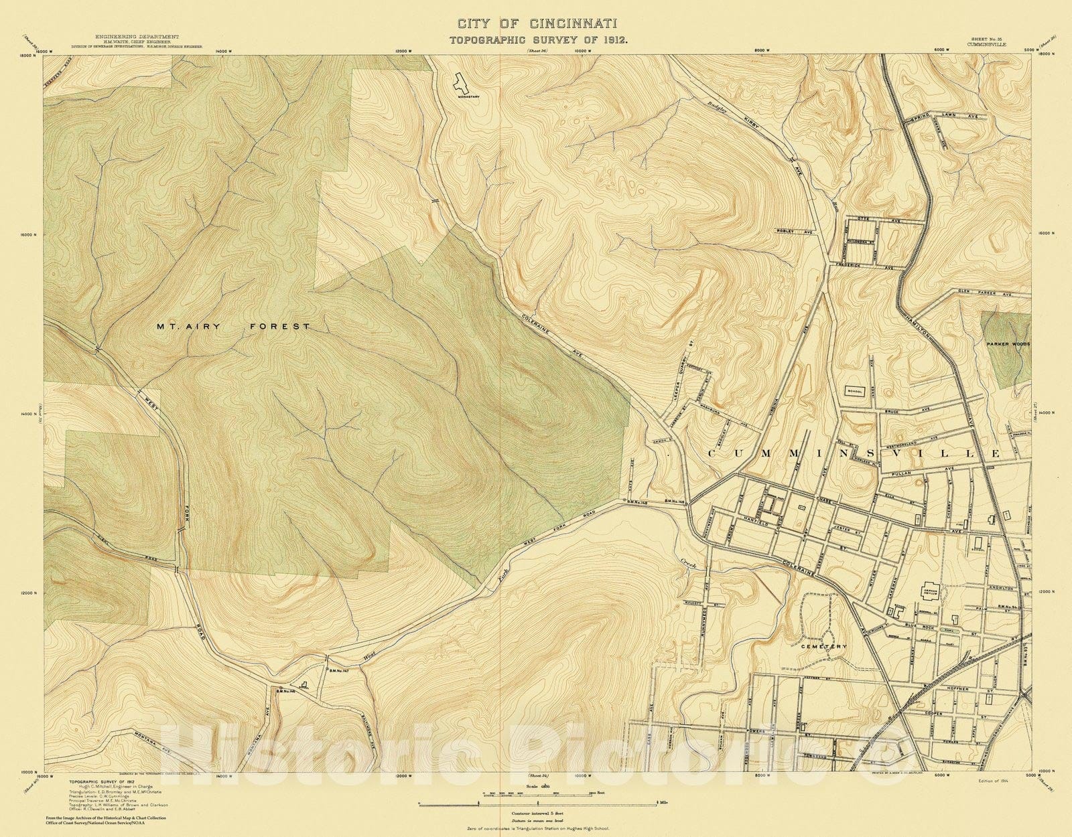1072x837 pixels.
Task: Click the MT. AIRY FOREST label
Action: pyautogui.click(x=233, y=327)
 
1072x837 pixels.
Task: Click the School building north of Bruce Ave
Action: pyautogui.click(x=855, y=391)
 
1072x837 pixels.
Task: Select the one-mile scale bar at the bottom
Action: pyautogui.click(x=539, y=802)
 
